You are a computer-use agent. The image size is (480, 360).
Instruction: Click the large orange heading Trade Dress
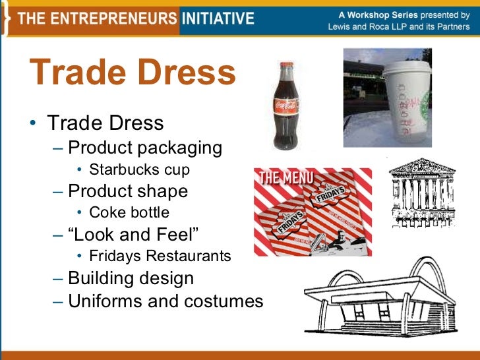[133, 74]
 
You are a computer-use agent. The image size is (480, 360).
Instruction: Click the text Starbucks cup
[139, 169]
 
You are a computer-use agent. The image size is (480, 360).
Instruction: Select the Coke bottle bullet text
[129, 212]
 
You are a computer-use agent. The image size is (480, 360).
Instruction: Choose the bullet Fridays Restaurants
[160, 256]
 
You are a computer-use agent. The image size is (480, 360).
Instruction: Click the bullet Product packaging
[145, 148]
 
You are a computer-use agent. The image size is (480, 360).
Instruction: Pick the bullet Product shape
[128, 191]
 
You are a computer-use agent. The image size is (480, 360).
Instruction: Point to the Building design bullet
[131, 278]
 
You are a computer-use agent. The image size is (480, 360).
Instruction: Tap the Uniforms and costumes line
[165, 301]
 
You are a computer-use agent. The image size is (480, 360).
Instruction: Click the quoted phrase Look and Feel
[133, 235]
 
